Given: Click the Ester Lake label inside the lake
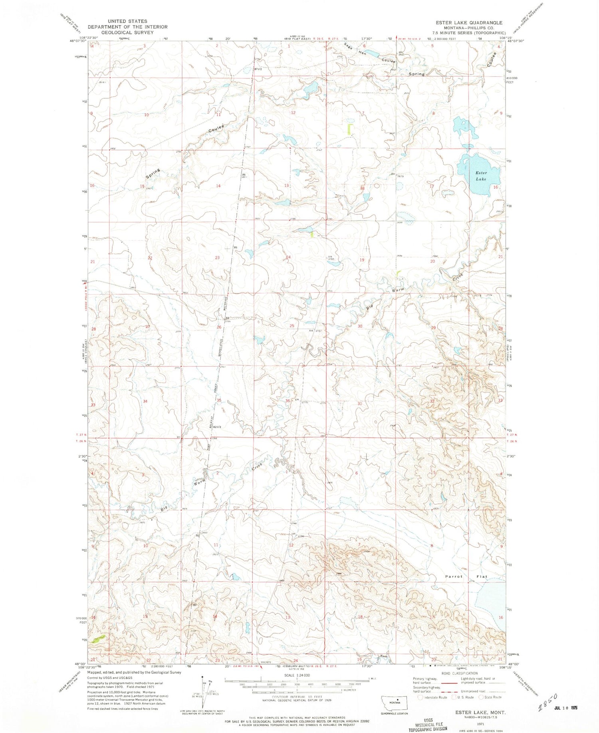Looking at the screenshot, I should pyautogui.click(x=481, y=176).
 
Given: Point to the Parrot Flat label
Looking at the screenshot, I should pyautogui.click(x=466, y=576).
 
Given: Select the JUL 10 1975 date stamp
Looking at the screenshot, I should pyautogui.click(x=566, y=707).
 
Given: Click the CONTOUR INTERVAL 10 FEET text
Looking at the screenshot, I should pyautogui.click(x=296, y=697).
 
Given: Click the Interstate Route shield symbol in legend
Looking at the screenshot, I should pyautogui.click(x=420, y=697).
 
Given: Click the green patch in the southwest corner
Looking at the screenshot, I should pyautogui.click(x=99, y=639).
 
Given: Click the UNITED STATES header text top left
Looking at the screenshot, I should pyautogui.click(x=127, y=21).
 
